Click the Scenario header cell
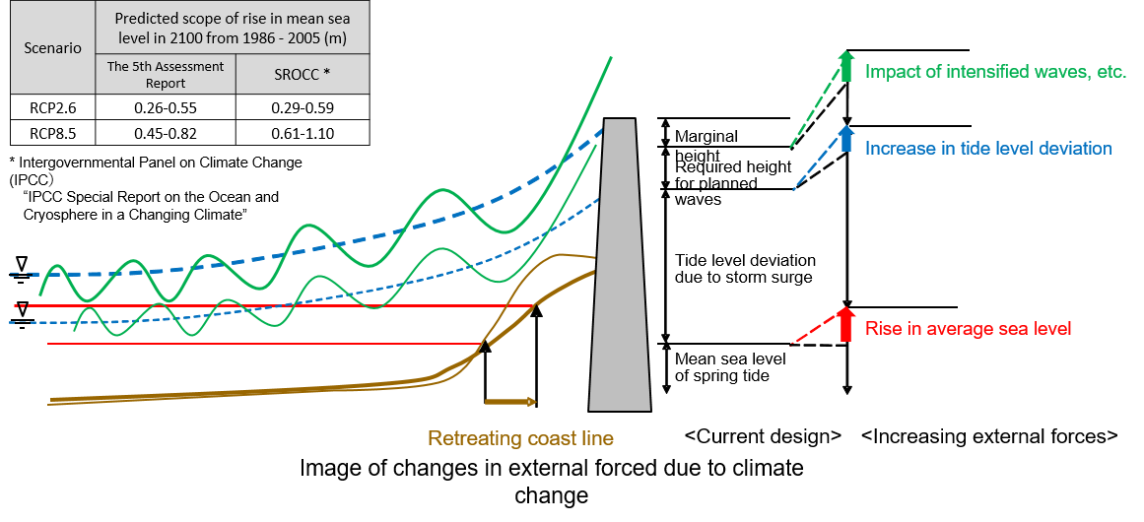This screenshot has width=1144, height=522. [53, 47]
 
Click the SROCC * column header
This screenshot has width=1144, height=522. [303, 75]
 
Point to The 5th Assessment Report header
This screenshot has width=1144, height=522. [166, 75]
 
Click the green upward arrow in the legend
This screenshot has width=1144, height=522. [844, 66]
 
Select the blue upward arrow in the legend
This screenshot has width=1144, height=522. [844, 141]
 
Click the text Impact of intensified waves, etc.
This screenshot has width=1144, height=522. [995, 72]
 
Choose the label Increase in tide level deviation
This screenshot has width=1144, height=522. [988, 149]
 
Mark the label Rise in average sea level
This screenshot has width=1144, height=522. [968, 329]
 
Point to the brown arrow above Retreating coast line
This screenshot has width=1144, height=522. [510, 402]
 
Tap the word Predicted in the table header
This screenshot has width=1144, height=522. [147, 20]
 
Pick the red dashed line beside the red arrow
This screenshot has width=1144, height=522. [811, 333]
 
